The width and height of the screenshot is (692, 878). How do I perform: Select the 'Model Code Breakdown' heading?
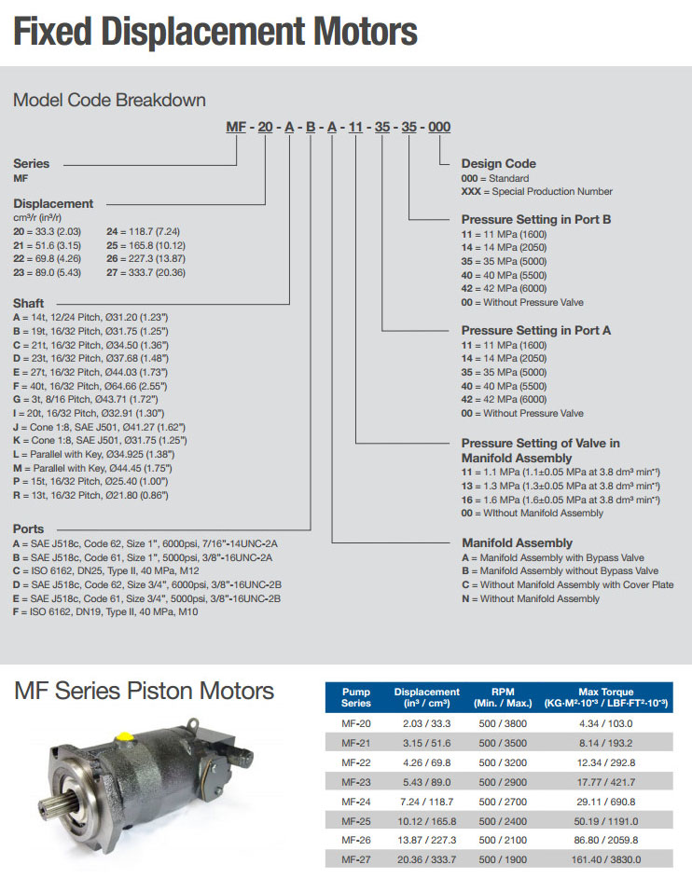[x=109, y=100]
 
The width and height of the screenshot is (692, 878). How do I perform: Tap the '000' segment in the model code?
[x=439, y=128]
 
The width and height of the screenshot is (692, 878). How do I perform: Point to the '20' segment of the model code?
[x=264, y=128]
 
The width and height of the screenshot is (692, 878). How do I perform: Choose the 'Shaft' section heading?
[x=28, y=303]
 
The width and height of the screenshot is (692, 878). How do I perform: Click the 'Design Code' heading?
[x=499, y=164]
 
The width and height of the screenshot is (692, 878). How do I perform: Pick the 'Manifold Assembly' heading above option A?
[x=517, y=542]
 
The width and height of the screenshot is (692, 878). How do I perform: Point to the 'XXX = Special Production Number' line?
[x=537, y=192]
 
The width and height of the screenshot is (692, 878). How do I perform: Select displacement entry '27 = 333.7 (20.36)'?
[x=145, y=272]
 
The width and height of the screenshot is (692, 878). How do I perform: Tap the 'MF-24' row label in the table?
[x=355, y=802]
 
